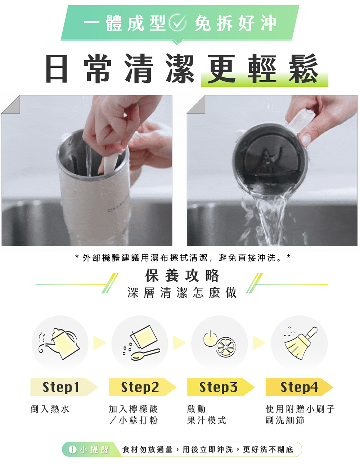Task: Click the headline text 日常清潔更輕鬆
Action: tap(182, 69)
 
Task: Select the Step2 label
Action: tap(140, 387)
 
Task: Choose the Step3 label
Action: tap(218, 387)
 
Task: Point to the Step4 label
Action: tap(299, 387)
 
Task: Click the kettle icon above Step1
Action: tap(60, 343)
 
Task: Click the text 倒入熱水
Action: tap(50, 409)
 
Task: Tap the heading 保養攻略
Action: tap(182, 275)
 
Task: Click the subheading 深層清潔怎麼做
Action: tap(182, 293)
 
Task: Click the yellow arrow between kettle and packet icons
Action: tap(99, 343)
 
